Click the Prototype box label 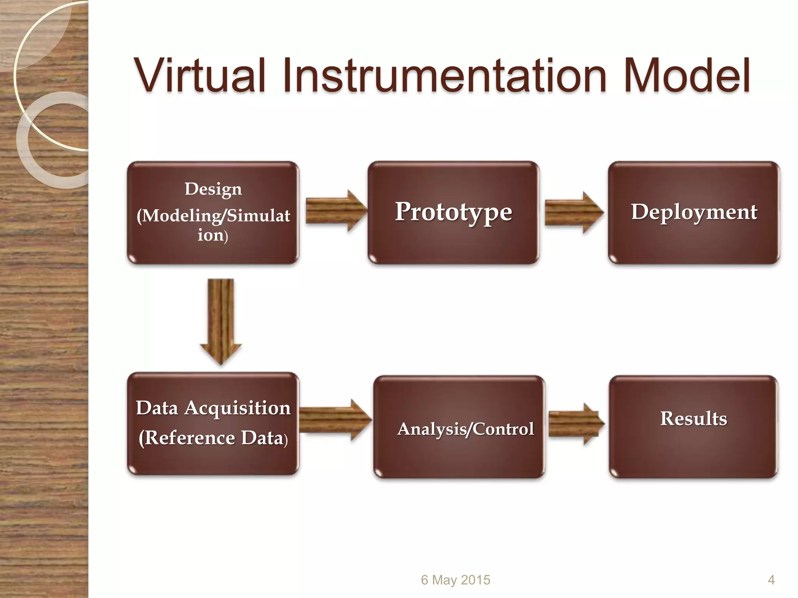(453, 212)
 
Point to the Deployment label (694, 212)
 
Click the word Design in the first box (213, 189)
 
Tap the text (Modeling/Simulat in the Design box (213, 215)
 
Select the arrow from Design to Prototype (335, 211)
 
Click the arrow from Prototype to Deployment (573, 213)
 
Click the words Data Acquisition (213, 408)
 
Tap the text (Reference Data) (213, 438)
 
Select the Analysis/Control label (465, 429)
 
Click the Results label (694, 419)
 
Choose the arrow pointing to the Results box (576, 424)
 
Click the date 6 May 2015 (455, 580)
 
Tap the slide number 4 (771, 580)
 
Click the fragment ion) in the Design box (212, 235)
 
